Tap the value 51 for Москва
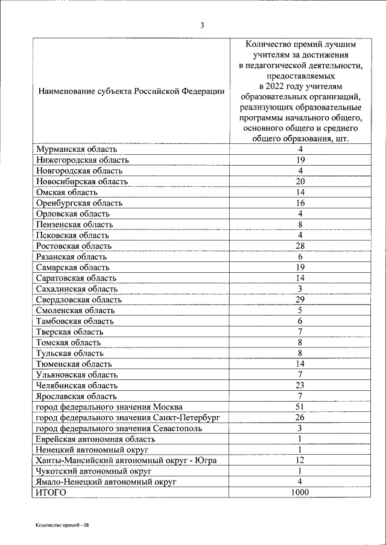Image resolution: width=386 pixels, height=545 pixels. pyautogui.click(x=299, y=407)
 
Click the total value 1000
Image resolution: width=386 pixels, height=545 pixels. pyautogui.click(x=299, y=493)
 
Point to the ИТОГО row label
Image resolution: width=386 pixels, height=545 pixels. pyautogui.click(x=51, y=493)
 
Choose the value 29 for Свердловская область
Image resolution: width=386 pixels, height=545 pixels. pyautogui.click(x=299, y=299)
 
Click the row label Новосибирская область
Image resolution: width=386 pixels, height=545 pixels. pyautogui.click(x=81, y=181)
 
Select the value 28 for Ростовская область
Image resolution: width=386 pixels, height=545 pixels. pyautogui.click(x=299, y=246)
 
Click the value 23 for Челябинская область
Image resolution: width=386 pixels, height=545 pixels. pyautogui.click(x=299, y=385)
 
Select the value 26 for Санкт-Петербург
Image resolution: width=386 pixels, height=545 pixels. pyautogui.click(x=299, y=417)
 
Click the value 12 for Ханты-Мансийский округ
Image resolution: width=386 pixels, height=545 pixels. pyautogui.click(x=299, y=461)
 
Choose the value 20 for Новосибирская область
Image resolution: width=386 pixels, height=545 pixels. pyautogui.click(x=299, y=181)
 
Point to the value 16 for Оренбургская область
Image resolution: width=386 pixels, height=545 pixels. pyautogui.click(x=299, y=203)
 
